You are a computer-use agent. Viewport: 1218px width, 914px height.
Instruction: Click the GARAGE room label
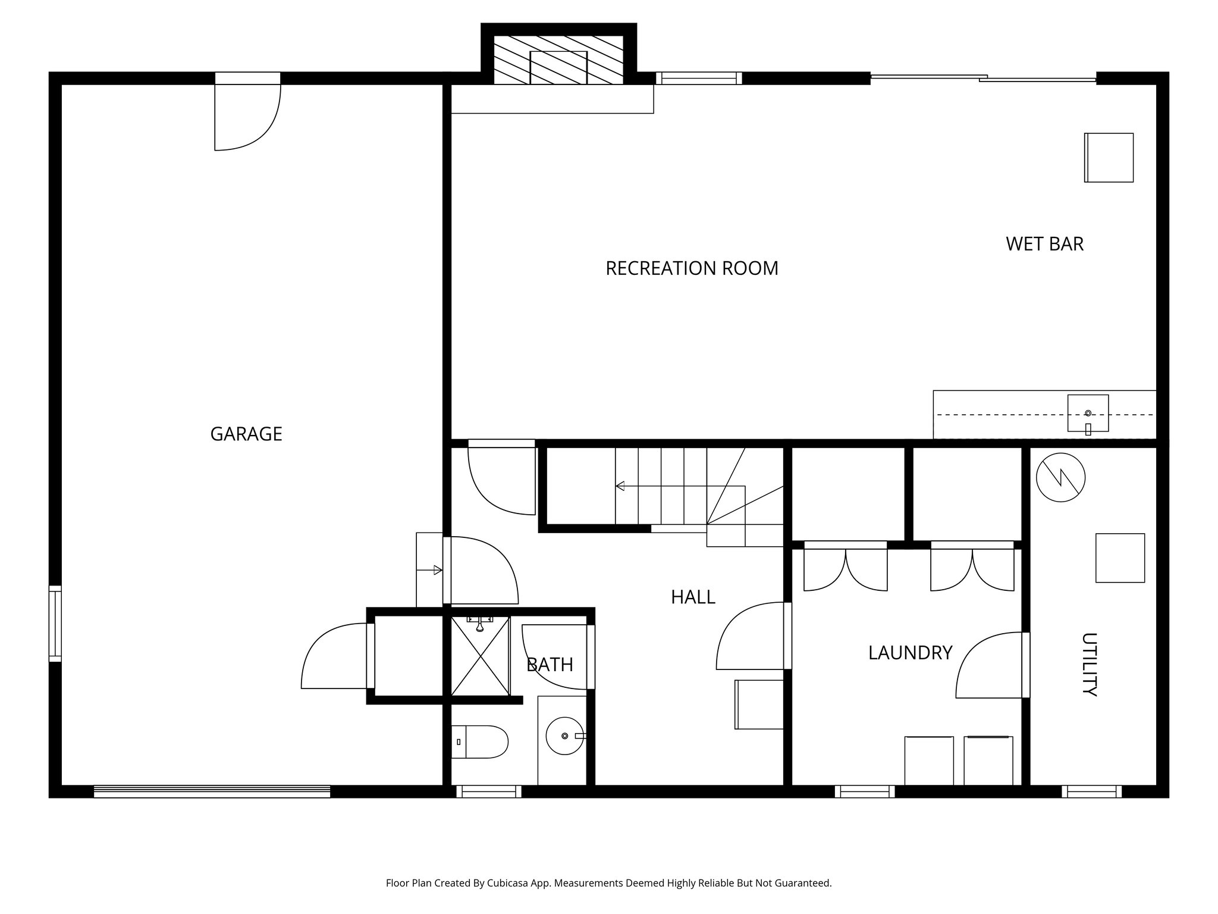pos(246,434)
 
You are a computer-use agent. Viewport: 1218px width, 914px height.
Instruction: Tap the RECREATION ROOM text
pos(692,268)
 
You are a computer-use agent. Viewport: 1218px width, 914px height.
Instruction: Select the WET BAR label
pos(1044,244)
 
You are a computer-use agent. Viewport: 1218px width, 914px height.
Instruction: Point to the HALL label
pos(693,597)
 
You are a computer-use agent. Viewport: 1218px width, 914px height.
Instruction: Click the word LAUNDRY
pos(910,653)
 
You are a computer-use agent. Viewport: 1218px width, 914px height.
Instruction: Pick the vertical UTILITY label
pos(1088,664)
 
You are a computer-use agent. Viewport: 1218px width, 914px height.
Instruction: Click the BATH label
pos(550,665)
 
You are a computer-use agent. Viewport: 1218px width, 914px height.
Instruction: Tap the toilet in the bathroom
pos(479,741)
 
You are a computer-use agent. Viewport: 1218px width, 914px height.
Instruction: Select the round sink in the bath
pos(564,736)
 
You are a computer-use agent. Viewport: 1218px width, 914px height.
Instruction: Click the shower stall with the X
pos(481,656)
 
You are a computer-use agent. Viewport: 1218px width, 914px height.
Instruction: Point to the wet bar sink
pos(1088,413)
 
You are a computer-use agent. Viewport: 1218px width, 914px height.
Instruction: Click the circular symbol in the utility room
pos(1060,477)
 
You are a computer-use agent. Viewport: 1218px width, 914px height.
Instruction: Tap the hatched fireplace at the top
pos(558,60)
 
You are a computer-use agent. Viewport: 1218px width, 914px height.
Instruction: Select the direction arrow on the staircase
pos(620,486)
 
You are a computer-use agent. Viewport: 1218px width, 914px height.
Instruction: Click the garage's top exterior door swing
pos(247,117)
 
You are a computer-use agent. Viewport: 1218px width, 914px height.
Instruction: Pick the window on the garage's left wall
pos(55,624)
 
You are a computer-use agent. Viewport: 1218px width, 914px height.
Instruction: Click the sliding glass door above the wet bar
pos(982,77)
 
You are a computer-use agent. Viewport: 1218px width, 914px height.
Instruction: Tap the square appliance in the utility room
pos(1120,558)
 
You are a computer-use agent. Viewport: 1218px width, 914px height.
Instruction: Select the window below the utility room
pos(1091,791)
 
